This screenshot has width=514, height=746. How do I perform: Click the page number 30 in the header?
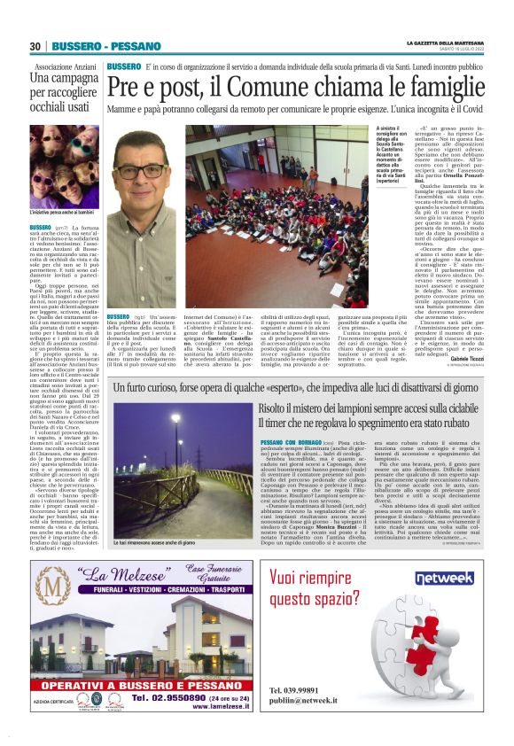pos(35,45)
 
